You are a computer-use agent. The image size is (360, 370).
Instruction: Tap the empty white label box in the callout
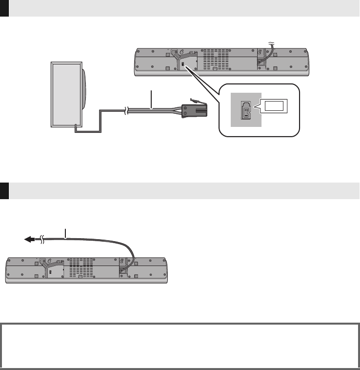(275, 104)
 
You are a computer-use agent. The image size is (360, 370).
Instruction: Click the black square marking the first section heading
(4, 9)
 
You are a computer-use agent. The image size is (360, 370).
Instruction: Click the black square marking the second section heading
(4, 191)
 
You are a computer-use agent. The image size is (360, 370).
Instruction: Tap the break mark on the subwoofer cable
(128, 111)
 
